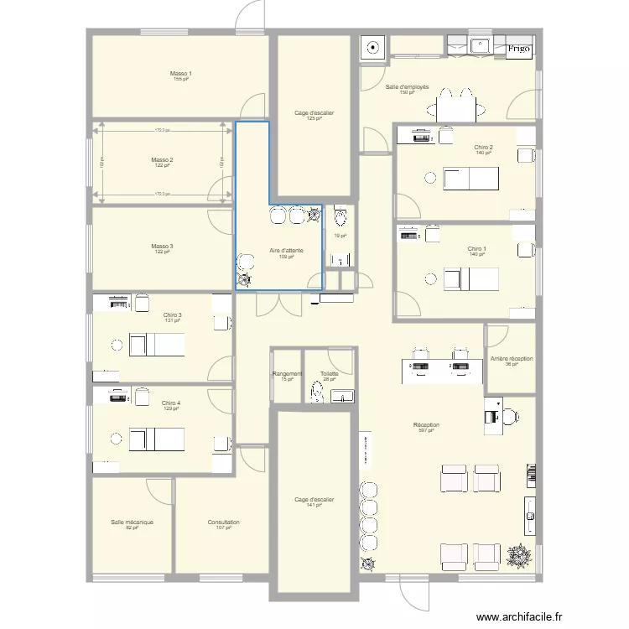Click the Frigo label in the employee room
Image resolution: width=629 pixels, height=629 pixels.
tap(518, 49)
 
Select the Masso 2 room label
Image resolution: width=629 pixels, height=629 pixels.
tap(162, 159)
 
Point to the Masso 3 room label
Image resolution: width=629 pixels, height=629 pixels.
tap(162, 247)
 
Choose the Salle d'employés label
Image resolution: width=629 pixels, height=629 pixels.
tap(408, 87)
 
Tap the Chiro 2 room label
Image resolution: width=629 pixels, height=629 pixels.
tap(483, 148)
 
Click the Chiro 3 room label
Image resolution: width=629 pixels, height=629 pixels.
tap(172, 315)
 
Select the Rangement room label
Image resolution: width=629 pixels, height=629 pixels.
tap(288, 374)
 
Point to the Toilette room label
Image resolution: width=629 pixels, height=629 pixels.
tap(329, 374)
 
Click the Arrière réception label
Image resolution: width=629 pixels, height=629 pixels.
tap(511, 359)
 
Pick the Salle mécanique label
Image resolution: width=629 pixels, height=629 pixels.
tap(132, 522)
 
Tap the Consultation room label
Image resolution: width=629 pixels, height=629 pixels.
tap(224, 522)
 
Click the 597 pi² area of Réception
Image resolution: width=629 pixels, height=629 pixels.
tap(426, 430)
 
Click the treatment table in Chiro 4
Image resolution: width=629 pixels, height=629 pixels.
tap(158, 438)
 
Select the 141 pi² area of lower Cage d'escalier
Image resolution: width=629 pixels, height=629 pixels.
tap(314, 505)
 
